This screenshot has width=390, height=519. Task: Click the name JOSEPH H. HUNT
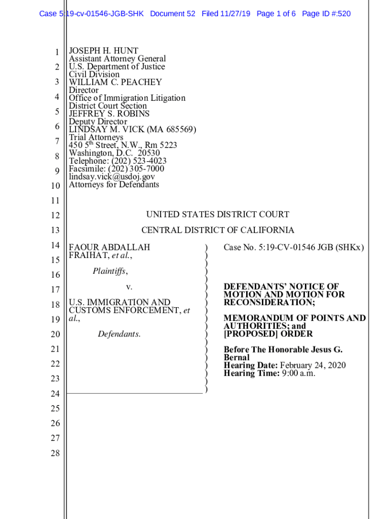click(x=103, y=51)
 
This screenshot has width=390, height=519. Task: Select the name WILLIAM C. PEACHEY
click(x=115, y=82)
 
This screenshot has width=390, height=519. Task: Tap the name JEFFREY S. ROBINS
click(x=109, y=114)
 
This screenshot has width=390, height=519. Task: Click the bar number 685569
click(x=177, y=130)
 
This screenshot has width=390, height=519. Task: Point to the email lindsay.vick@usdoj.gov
click(x=112, y=176)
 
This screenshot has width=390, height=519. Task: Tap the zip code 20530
click(x=149, y=153)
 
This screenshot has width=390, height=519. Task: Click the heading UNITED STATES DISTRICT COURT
click(x=218, y=214)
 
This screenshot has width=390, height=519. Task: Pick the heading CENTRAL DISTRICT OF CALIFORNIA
click(x=218, y=230)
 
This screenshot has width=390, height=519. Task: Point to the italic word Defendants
click(x=119, y=334)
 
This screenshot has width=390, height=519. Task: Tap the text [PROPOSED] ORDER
click(x=268, y=334)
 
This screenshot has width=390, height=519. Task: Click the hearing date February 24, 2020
click(x=313, y=365)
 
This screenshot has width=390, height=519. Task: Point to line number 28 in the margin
click(x=55, y=453)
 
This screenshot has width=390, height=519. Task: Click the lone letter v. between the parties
click(x=129, y=287)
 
